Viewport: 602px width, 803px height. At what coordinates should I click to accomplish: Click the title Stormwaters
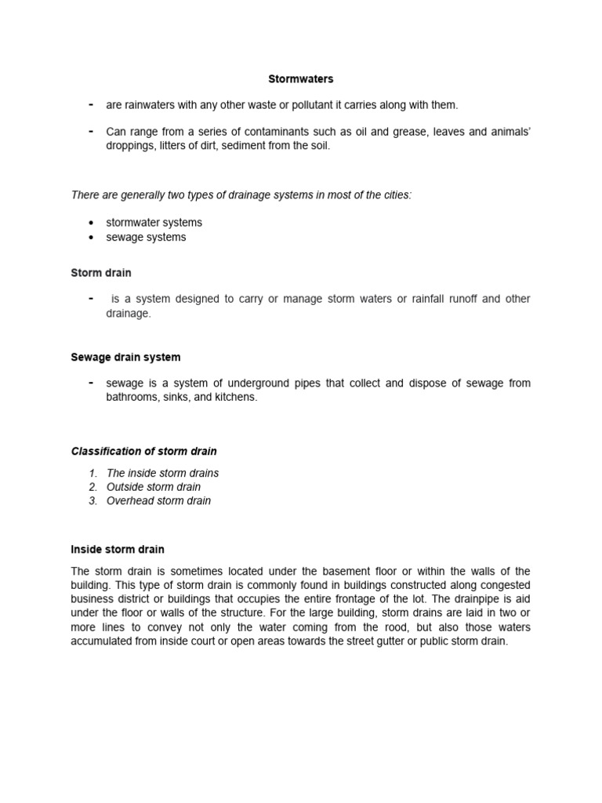(301, 79)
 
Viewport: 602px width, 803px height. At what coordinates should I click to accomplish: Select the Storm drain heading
(101, 273)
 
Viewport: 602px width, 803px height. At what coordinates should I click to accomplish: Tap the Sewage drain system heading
(125, 357)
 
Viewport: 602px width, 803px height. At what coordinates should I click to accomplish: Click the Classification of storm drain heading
(144, 451)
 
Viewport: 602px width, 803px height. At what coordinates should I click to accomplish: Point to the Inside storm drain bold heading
(118, 549)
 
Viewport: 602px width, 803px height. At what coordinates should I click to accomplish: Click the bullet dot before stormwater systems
(92, 223)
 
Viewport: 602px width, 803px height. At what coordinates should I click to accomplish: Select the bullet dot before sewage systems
(92, 238)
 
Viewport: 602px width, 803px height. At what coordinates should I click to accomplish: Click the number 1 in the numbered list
(92, 473)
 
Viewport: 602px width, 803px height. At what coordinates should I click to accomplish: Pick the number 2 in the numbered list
(92, 487)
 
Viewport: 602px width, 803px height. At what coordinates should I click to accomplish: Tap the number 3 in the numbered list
(92, 500)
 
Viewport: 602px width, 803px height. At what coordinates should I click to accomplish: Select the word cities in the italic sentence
(393, 194)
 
